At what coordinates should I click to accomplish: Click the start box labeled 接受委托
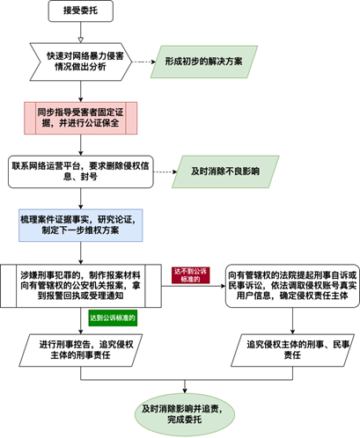[x=81, y=11]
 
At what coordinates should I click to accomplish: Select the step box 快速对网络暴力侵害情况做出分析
[x=81, y=62]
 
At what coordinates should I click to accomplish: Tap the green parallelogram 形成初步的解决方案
[x=204, y=62]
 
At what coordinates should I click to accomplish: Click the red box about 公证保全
[x=81, y=118]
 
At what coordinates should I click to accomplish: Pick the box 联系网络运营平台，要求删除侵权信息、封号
[x=81, y=172]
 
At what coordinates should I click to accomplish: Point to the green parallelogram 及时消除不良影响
[x=225, y=172]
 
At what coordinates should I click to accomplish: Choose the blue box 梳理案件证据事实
[x=81, y=225]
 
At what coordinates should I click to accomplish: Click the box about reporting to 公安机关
[x=81, y=286]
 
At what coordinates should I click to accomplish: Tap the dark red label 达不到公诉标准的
[x=190, y=275]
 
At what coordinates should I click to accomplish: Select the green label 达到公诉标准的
[x=113, y=318]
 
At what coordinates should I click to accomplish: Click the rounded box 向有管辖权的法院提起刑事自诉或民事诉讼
[x=292, y=286]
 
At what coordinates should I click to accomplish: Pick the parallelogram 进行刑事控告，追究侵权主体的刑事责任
[x=81, y=350]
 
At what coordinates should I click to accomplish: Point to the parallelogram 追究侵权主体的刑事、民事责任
[x=292, y=350]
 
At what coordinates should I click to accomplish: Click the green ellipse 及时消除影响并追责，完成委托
[x=185, y=415]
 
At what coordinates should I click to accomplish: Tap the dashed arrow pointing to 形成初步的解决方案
[x=143, y=62]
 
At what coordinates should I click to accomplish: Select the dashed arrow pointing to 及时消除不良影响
[x=165, y=172]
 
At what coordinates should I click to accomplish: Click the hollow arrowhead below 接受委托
[x=81, y=40]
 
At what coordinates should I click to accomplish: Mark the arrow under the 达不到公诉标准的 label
[x=194, y=286]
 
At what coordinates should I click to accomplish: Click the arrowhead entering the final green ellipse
[x=185, y=391]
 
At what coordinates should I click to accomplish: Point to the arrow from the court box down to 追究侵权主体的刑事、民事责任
[x=292, y=321]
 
